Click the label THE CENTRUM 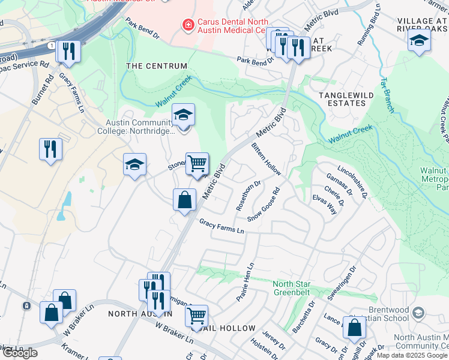click(156, 65)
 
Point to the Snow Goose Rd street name click(264, 206)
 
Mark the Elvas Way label click(324, 205)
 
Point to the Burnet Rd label click(43, 91)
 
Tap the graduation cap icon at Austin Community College click(184, 114)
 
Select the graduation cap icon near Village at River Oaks click(419, 41)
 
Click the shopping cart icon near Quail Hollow click(196, 316)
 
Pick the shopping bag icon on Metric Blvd click(185, 200)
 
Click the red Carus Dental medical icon click(188, 25)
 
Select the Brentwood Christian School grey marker click(419, 313)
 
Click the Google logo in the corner click(19, 352)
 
